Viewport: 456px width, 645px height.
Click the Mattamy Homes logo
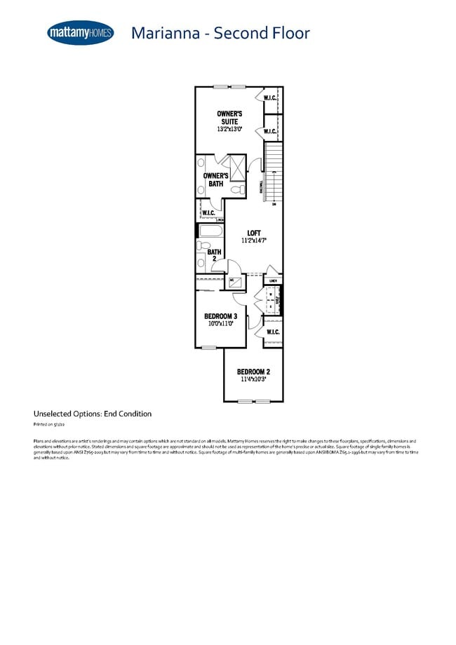click(x=80, y=33)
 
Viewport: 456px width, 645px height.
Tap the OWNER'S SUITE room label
click(x=229, y=117)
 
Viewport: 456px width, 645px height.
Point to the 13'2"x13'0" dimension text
click(x=229, y=130)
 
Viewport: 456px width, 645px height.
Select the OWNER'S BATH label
click(x=215, y=179)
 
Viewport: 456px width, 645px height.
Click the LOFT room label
click(x=254, y=233)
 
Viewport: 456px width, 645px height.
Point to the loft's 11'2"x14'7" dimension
click(x=254, y=241)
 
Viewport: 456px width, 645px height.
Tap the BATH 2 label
click(x=214, y=255)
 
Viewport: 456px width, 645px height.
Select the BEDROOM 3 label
click(x=220, y=316)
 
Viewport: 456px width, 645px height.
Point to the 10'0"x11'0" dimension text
click(x=220, y=324)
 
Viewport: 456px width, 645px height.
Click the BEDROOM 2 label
click(x=253, y=372)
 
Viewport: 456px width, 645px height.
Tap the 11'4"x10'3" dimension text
click(x=253, y=380)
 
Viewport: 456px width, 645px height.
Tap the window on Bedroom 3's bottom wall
click(x=208, y=348)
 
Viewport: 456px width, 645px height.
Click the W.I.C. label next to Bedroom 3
click(x=273, y=332)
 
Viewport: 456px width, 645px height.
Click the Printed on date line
click(x=49, y=425)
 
